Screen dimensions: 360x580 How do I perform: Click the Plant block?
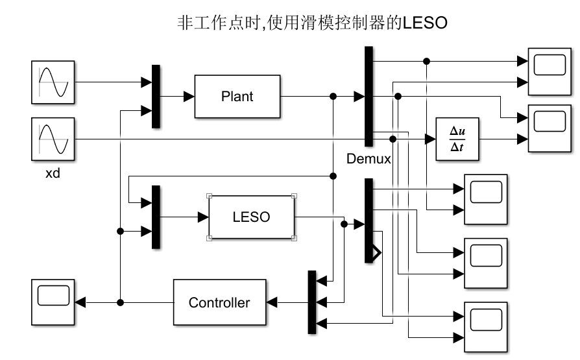tap(237, 97)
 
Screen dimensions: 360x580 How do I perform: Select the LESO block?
tap(251, 217)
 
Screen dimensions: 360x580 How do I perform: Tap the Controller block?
tap(219, 302)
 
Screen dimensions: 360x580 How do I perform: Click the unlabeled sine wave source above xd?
tap(53, 82)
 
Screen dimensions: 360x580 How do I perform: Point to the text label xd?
tap(53, 174)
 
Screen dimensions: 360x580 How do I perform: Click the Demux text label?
tap(369, 159)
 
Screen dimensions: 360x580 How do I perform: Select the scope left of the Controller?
tap(53, 302)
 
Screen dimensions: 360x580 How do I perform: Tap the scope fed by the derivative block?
tap(549, 128)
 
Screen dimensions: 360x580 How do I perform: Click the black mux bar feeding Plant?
tap(156, 97)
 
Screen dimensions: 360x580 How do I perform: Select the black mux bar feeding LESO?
tap(156, 217)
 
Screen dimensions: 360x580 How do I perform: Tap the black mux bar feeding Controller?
tap(312, 302)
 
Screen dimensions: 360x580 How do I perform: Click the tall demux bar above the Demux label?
tap(369, 97)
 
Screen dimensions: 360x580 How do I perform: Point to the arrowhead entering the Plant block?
tap(189, 97)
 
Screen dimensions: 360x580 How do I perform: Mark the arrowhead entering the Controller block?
tap(272, 302)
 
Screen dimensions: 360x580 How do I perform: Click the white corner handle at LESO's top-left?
tap(209, 195)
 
